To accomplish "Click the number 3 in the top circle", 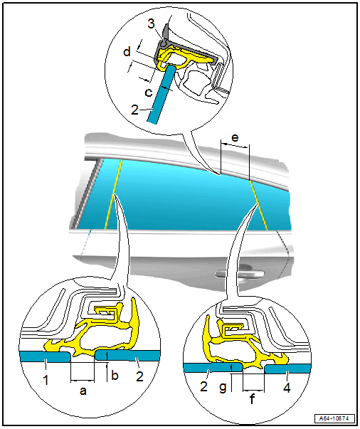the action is (152, 23).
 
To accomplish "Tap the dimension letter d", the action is (127, 52).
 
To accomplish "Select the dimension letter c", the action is (149, 92).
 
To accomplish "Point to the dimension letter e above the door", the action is (235, 137).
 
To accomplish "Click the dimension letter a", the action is (83, 391).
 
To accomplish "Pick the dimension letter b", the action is (115, 376).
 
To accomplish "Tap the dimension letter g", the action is (223, 388).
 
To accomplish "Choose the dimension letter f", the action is (252, 399).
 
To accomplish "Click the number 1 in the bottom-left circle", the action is (46, 381).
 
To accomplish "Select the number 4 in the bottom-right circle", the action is (287, 388).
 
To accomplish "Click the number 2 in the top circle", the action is (135, 110).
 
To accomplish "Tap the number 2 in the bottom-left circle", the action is (139, 376).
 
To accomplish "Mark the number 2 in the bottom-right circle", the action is (203, 386).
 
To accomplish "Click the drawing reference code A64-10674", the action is (334, 418).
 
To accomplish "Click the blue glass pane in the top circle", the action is (162, 93).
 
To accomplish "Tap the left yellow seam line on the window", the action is (113, 194).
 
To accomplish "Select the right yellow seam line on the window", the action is (258, 205).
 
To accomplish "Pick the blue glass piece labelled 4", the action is (287, 369).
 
